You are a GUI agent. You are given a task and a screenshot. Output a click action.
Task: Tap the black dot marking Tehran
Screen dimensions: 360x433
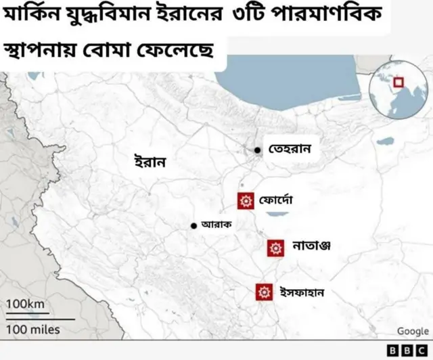[x=258, y=150]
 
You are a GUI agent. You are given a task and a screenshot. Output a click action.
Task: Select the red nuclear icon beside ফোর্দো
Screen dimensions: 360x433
[x=246, y=200]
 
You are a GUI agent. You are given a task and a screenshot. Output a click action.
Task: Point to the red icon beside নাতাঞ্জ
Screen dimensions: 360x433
[x=275, y=248]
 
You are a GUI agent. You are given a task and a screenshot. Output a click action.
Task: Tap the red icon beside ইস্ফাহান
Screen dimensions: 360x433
[x=264, y=292]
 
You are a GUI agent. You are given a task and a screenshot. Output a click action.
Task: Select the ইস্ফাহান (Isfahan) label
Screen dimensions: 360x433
[x=302, y=292]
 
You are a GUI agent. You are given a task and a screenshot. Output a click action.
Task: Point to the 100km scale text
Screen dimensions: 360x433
[x=25, y=305]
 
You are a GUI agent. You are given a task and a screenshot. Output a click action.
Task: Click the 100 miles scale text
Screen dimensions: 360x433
[x=33, y=330]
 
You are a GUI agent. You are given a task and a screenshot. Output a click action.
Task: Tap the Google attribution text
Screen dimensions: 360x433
[x=413, y=331]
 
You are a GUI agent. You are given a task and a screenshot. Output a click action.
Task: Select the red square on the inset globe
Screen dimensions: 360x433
[x=398, y=83]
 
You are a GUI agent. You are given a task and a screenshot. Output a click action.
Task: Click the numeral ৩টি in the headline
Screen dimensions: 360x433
[x=248, y=16]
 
